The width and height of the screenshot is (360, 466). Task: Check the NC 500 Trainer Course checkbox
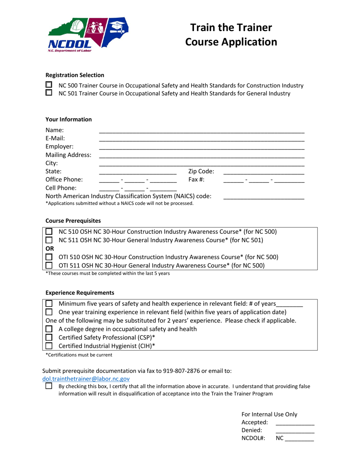[49, 85]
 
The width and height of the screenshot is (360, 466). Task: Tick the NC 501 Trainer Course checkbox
[49, 92]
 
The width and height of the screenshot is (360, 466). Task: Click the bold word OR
[50, 249]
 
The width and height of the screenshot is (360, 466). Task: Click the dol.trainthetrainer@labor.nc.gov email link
[86, 378]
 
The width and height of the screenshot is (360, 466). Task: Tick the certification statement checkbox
[49, 386]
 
